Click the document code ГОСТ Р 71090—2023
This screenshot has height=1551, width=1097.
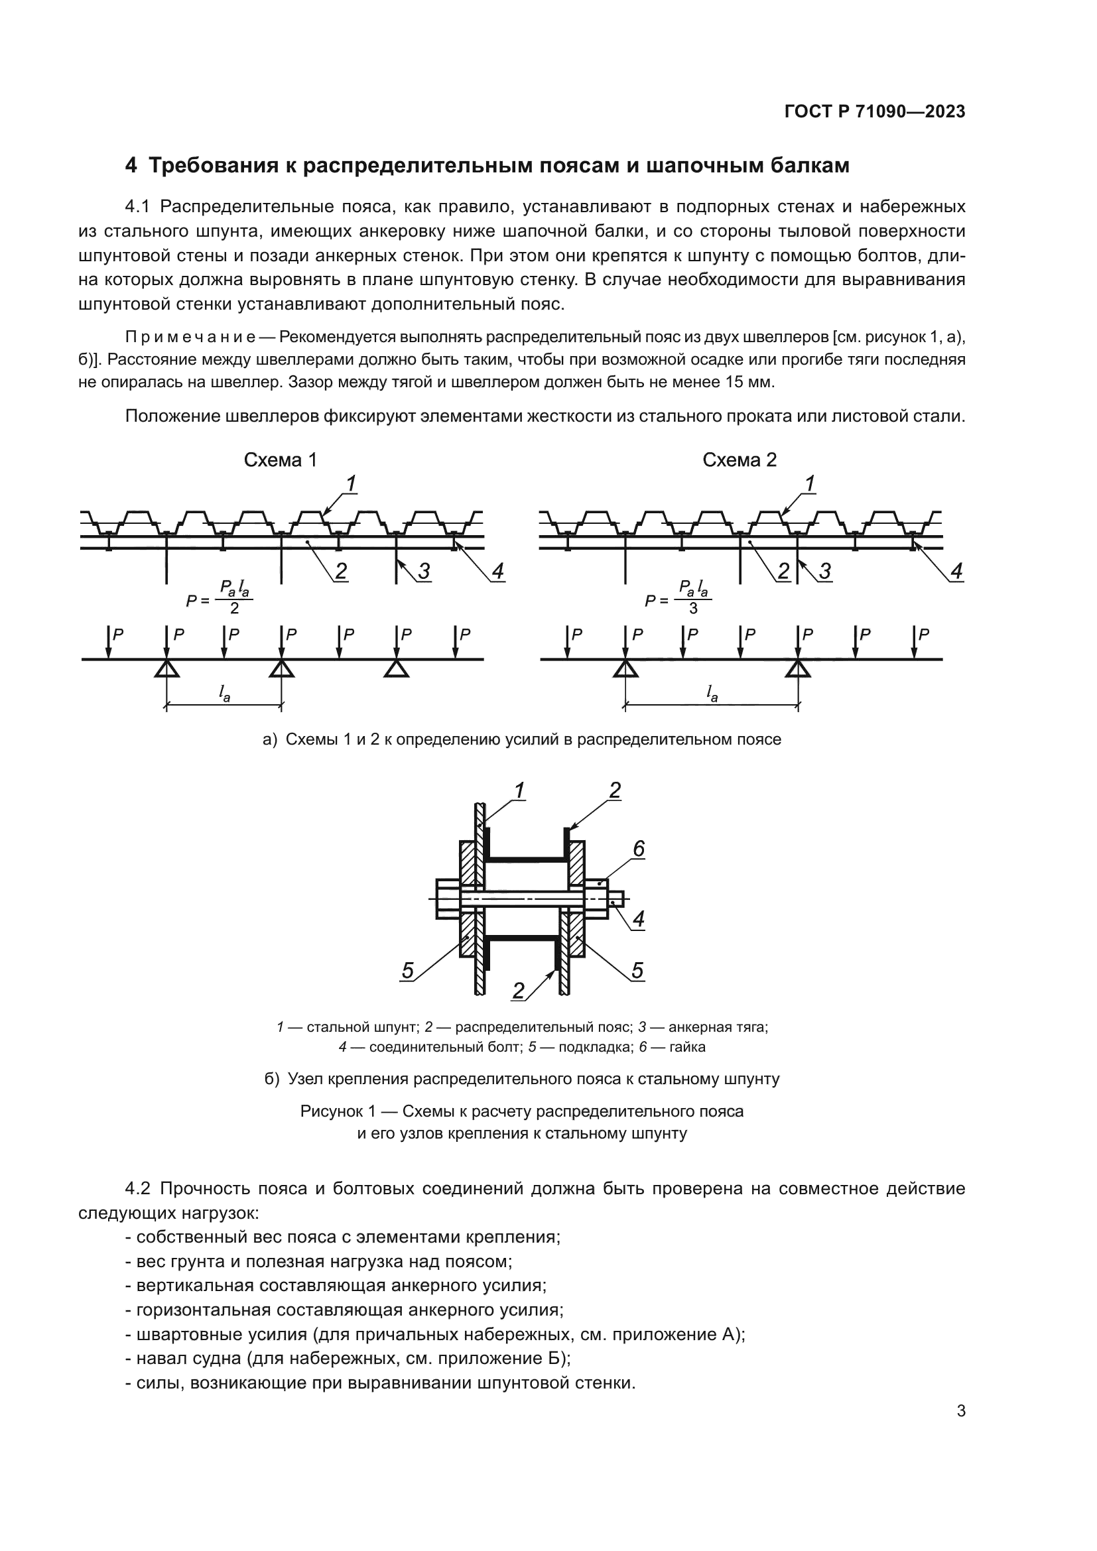pos(874,112)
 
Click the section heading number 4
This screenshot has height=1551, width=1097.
pos(131,166)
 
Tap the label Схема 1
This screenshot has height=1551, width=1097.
pos(280,460)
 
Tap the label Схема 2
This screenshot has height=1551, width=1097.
pos(739,460)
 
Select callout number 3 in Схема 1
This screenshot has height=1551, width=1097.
pos(424,572)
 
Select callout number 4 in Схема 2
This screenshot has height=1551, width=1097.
pos(956,572)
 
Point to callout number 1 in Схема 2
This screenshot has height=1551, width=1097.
pos(809,483)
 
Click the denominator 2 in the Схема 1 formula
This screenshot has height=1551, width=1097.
pos(234,609)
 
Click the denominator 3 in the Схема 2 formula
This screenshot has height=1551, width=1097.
pos(693,609)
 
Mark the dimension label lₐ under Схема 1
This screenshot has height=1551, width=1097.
pos(224,692)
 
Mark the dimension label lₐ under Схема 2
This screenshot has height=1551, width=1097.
pos(711,692)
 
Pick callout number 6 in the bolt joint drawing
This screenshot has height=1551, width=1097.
pos(638,849)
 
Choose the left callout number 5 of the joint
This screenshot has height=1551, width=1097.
pos(407,971)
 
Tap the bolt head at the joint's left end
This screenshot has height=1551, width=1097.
pos(448,899)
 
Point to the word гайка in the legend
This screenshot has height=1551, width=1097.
pos(688,1047)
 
